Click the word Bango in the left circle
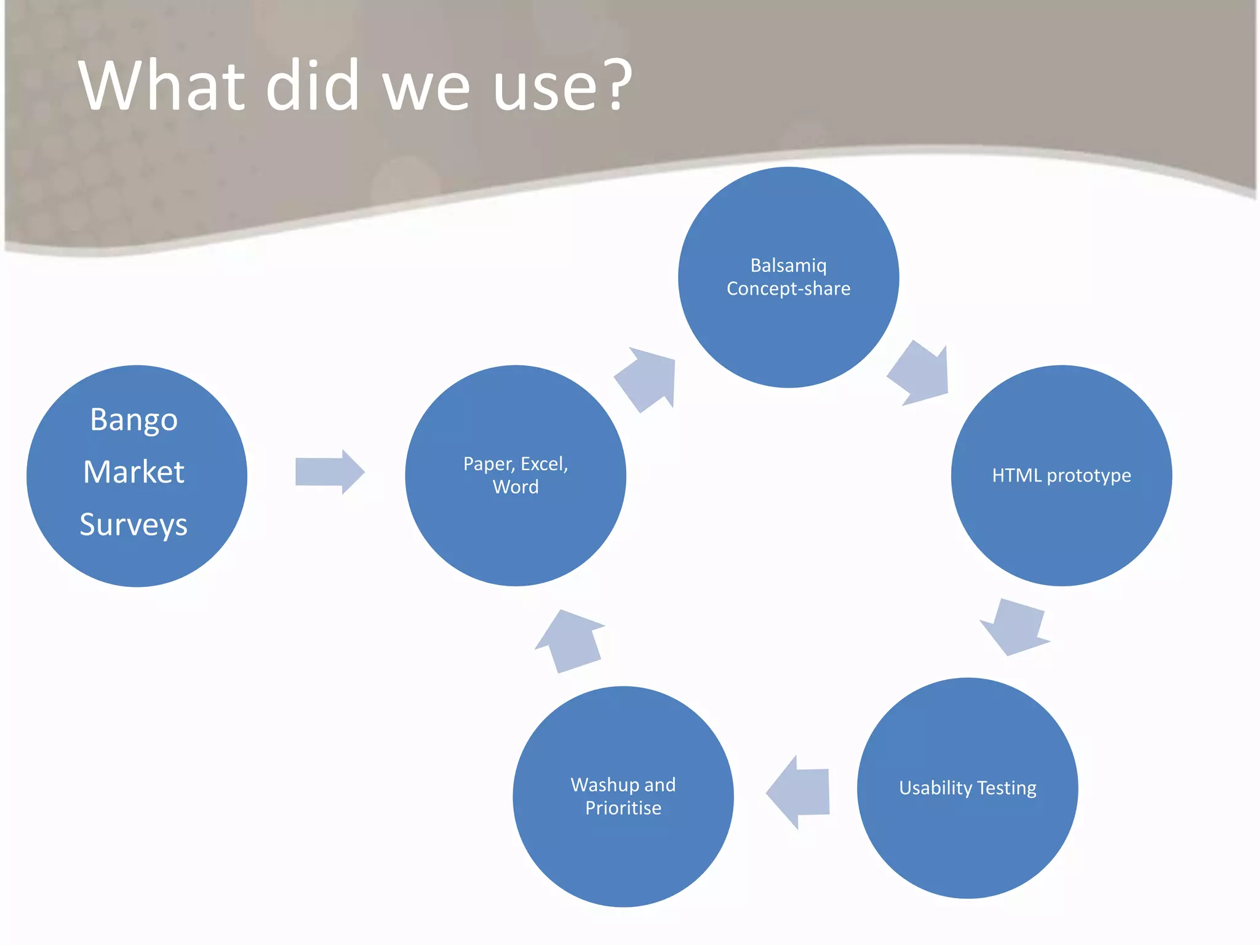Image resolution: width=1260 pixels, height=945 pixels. click(134, 421)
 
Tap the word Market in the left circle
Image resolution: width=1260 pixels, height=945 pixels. click(134, 472)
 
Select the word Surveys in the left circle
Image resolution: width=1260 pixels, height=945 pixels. click(134, 525)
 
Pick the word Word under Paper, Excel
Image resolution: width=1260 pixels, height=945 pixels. click(516, 487)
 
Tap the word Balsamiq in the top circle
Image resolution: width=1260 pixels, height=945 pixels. click(788, 266)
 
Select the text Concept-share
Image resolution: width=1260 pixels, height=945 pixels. click(788, 289)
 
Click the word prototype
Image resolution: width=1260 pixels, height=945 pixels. click(1088, 476)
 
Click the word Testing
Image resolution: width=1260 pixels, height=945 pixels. click(1007, 788)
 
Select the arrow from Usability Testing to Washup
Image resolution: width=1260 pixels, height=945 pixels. click(799, 792)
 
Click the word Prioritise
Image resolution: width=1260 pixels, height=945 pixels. click(623, 808)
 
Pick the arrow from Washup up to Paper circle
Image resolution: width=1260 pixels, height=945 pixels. click(570, 642)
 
